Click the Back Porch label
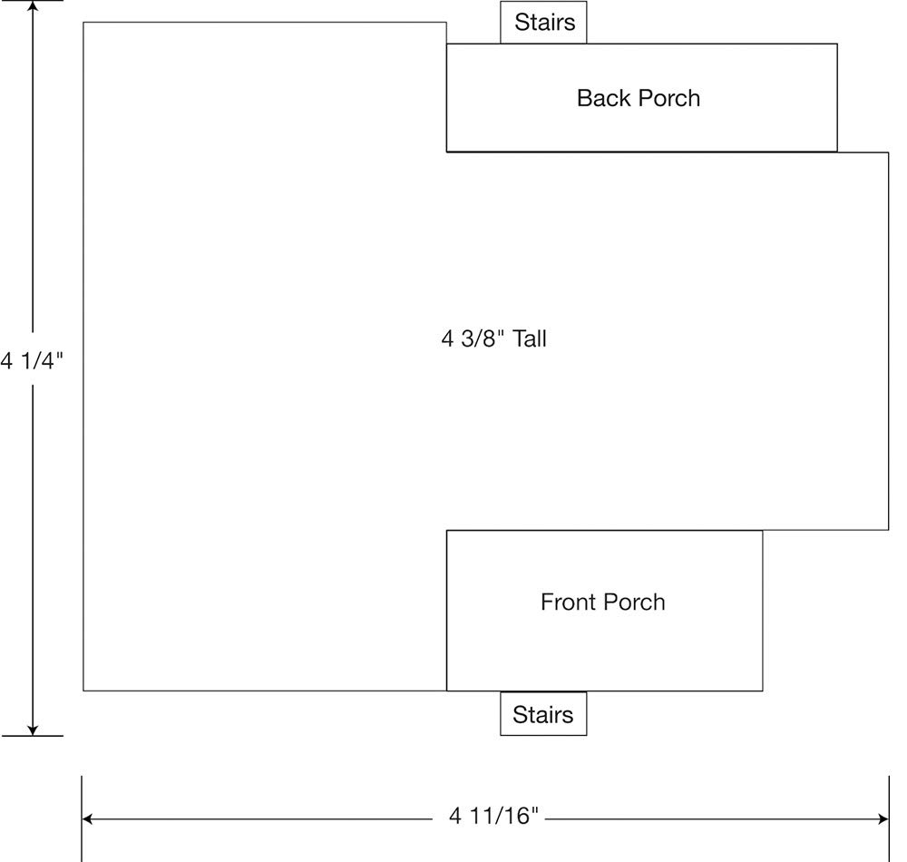[638, 98]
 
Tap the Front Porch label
[603, 602]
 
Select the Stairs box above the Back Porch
[543, 22]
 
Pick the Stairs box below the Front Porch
[543, 714]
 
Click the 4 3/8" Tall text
[494, 338]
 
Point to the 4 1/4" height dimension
[32, 360]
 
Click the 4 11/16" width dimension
[494, 816]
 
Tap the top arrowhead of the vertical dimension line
[33, 5]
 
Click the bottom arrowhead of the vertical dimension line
[33, 730]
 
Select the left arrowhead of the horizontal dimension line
[87, 818]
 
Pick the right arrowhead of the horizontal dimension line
[883, 818]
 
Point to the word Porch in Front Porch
[636, 602]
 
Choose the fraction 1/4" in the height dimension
[43, 360]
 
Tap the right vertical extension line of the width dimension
[889, 818]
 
